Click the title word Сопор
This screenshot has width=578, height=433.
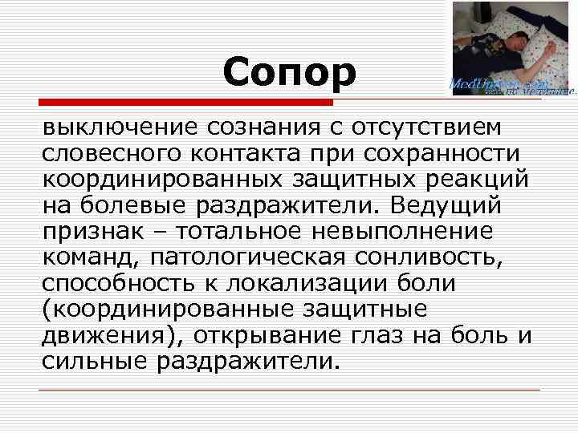[289, 73]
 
